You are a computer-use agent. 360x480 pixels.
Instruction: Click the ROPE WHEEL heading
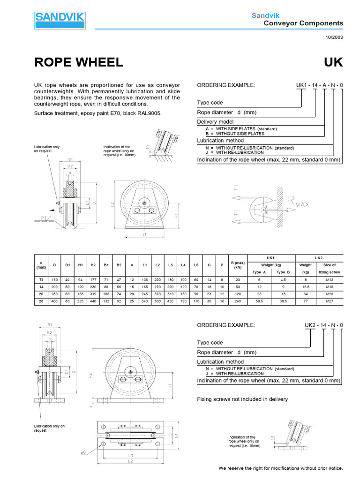click(79, 62)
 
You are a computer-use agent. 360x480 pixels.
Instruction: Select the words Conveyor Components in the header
click(303, 23)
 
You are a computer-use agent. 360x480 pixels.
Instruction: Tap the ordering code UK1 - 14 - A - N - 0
click(319, 85)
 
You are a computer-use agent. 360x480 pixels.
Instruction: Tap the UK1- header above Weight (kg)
click(270, 258)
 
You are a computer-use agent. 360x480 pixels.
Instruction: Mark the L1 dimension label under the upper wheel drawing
click(145, 233)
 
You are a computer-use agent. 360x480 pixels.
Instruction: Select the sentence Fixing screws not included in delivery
click(242, 399)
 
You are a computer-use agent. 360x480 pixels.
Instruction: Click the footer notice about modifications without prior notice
click(281, 468)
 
